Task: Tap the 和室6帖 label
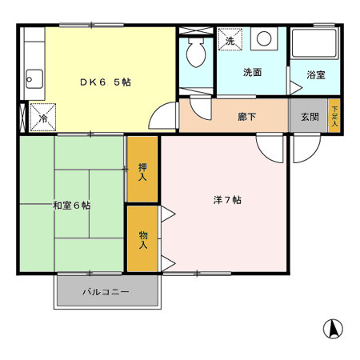[x=72, y=206]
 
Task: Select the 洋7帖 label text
[x=227, y=199]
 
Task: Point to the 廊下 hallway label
[x=246, y=116]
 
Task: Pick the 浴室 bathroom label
[x=316, y=75]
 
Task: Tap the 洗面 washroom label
[x=252, y=72]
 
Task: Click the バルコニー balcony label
[x=106, y=292]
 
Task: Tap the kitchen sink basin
[x=34, y=79]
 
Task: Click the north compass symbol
[x=333, y=328]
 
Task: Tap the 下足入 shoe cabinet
[x=334, y=116]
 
